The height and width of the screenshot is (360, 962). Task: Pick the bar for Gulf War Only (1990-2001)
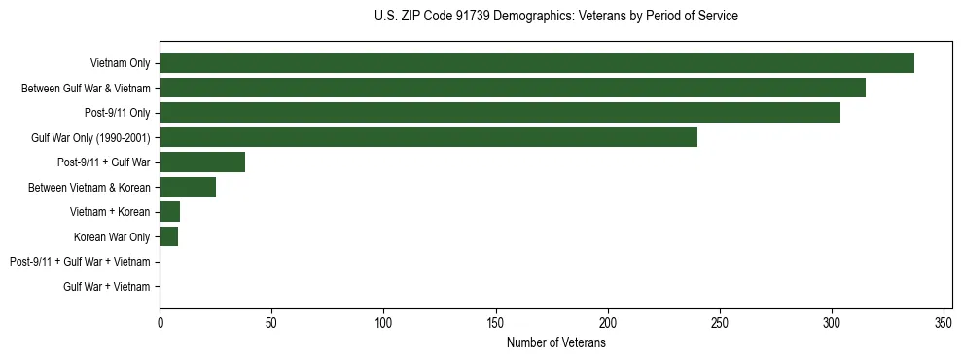tap(428, 137)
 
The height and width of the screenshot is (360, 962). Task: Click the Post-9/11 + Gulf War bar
tap(202, 162)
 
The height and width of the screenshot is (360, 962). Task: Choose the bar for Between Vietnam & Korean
tap(188, 187)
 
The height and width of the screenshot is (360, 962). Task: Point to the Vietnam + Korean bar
tap(170, 212)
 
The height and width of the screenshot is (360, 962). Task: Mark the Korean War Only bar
tap(169, 236)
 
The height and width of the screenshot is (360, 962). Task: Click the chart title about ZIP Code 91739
tap(555, 17)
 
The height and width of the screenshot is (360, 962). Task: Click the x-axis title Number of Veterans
tap(555, 343)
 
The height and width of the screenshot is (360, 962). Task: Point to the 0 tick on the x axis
tap(160, 322)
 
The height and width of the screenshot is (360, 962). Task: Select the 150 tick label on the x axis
tap(496, 322)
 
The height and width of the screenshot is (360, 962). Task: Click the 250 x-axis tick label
tap(720, 322)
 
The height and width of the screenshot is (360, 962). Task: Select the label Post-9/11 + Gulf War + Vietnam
tap(80, 262)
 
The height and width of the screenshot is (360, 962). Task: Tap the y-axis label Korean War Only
tap(112, 237)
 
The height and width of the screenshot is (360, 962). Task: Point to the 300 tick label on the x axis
tap(832, 322)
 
